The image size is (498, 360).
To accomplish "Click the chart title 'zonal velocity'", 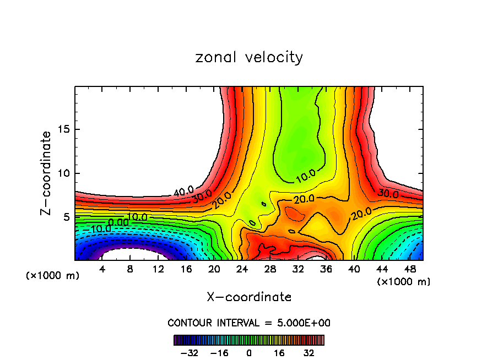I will tap(249, 57).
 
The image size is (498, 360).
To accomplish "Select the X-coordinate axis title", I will tap(249, 297).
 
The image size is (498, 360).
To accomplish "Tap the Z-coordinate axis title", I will tap(48, 173).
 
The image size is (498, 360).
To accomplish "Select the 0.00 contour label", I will tap(117, 222).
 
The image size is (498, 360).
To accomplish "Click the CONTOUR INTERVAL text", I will tap(249, 323).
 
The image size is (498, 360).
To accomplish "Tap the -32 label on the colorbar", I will tap(189, 352).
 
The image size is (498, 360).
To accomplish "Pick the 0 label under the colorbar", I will tap(249, 352).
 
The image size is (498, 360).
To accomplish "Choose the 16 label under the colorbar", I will tap(279, 352).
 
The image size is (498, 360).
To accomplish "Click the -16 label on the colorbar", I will tap(219, 352).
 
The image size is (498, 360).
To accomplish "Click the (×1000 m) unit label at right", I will tap(404, 282).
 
